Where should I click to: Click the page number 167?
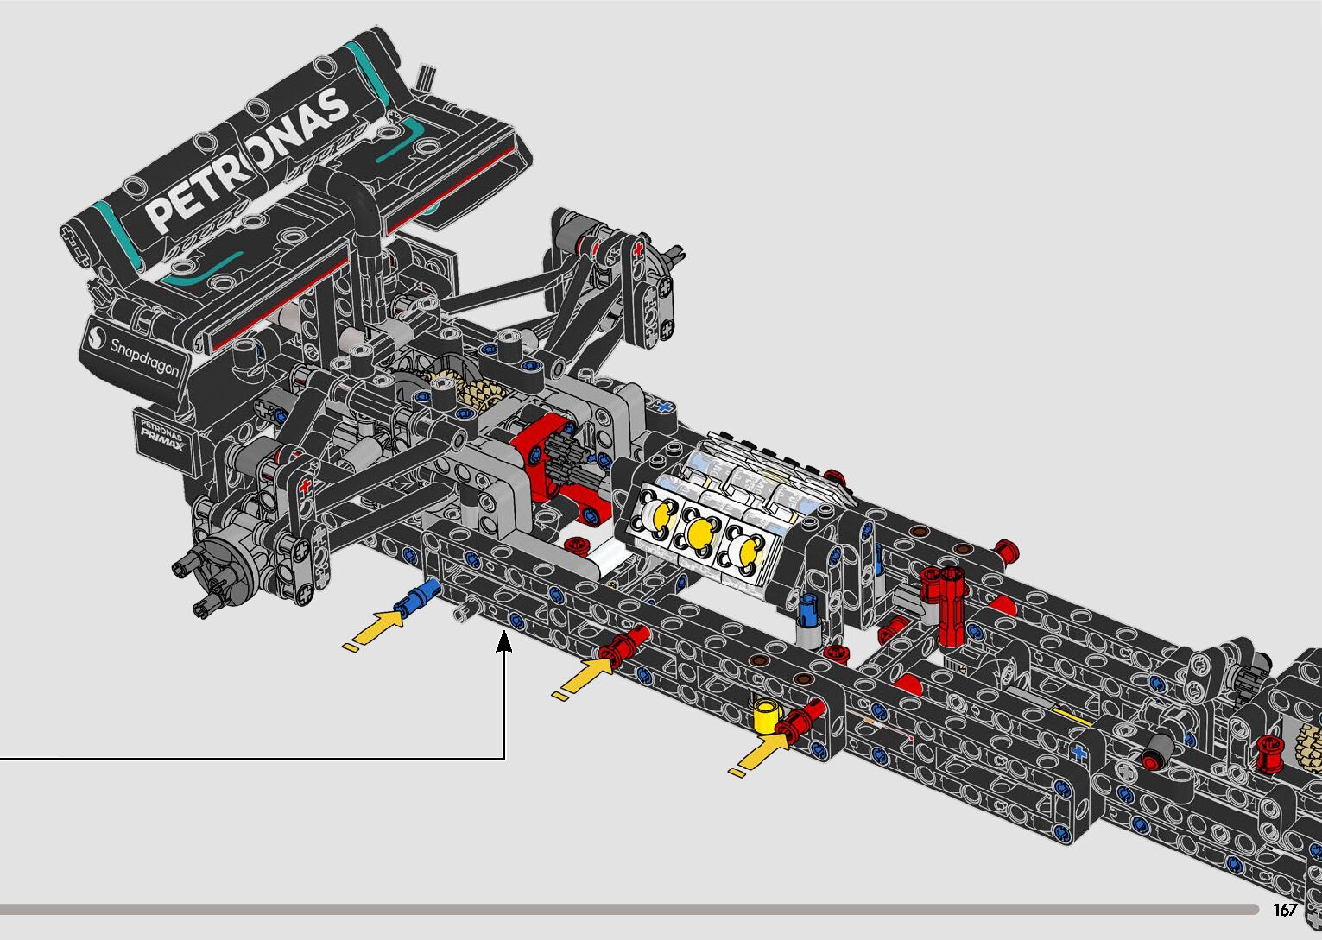(1285, 909)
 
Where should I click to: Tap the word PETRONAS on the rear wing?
(247, 160)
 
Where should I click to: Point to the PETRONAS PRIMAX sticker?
(161, 434)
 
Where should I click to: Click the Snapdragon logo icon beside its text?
(96, 338)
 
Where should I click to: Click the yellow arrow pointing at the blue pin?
(374, 628)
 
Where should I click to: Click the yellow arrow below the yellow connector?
(759, 754)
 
